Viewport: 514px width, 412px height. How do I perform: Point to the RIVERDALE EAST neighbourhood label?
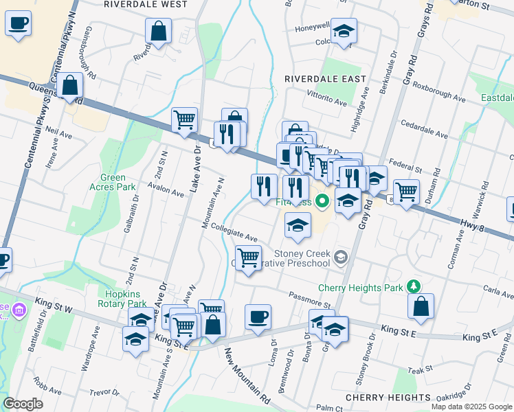click(x=320, y=79)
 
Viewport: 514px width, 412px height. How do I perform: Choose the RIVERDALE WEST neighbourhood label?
click(x=137, y=4)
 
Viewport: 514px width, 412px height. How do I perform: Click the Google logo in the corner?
click(x=23, y=403)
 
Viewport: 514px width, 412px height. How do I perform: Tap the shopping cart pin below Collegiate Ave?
click(x=248, y=258)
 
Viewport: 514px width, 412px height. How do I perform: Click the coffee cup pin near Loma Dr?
click(x=258, y=317)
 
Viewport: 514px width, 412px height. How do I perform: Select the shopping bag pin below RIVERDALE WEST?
click(x=159, y=31)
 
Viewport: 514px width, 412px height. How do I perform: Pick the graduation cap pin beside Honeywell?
click(x=344, y=31)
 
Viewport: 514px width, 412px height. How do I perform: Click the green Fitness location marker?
click(x=322, y=202)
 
